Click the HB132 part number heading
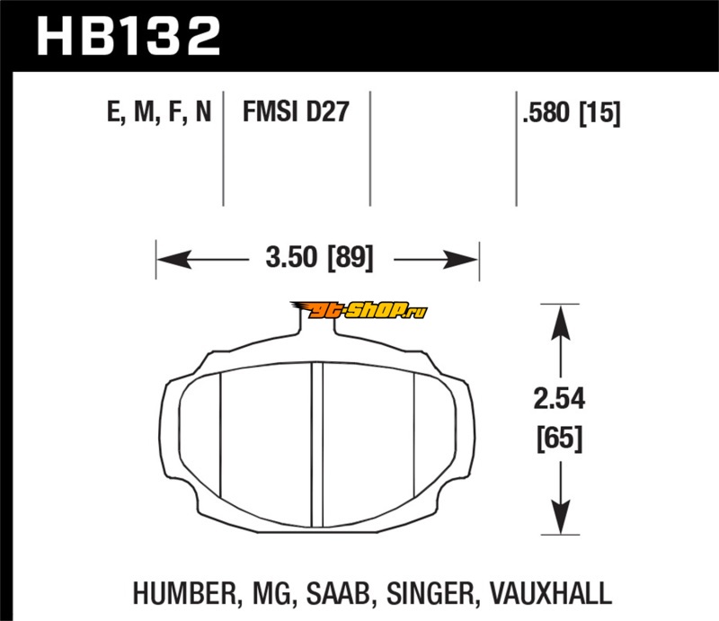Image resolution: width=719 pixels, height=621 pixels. (x=129, y=36)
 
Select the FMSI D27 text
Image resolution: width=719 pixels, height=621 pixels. (x=296, y=111)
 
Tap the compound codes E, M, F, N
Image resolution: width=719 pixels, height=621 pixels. (x=159, y=112)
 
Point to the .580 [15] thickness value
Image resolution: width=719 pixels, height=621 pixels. (x=572, y=113)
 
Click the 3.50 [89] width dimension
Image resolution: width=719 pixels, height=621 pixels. (x=320, y=257)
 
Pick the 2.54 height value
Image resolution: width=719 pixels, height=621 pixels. (x=559, y=398)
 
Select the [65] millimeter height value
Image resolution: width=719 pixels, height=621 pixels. (x=560, y=439)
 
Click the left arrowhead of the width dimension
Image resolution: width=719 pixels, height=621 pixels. (x=173, y=260)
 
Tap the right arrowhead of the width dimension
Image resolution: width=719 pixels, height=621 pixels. (x=461, y=260)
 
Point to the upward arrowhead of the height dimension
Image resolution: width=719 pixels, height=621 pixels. (x=560, y=323)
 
